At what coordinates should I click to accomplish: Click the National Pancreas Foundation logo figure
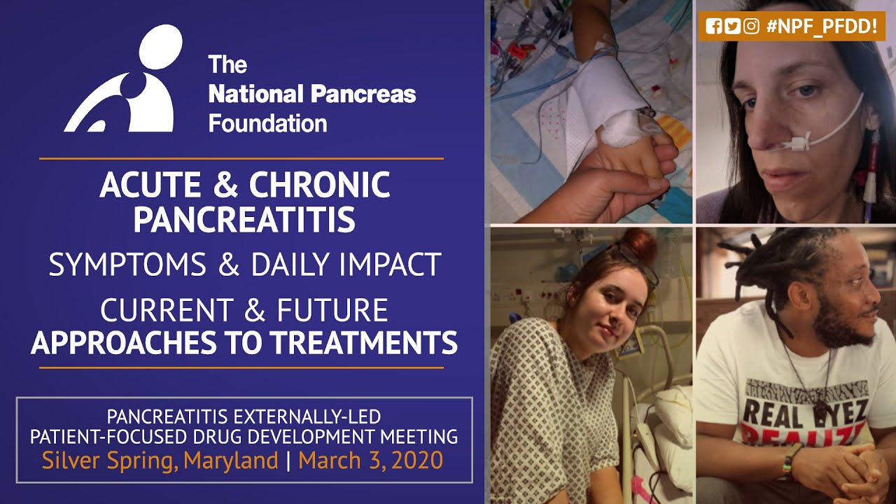click(126, 80)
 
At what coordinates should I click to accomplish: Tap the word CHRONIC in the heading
click(320, 185)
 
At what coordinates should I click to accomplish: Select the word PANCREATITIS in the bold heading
click(244, 219)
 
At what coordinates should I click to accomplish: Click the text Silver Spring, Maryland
click(160, 461)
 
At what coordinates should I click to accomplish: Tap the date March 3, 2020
click(370, 461)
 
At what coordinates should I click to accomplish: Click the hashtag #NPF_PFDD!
click(821, 27)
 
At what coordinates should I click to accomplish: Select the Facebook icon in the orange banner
click(714, 27)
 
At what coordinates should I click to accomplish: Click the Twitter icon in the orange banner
click(732, 27)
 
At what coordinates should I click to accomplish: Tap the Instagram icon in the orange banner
click(751, 27)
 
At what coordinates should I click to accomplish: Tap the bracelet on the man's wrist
click(789, 460)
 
